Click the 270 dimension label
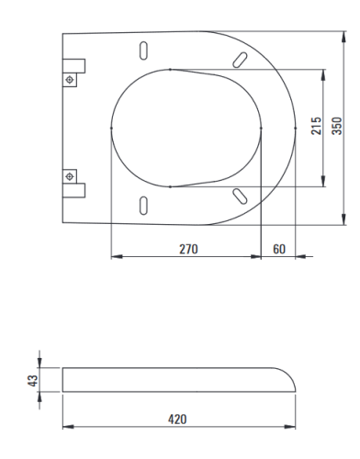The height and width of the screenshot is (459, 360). click(188, 249)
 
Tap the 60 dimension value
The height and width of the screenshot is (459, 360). click(279, 249)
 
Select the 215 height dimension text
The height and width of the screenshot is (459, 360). click(316, 126)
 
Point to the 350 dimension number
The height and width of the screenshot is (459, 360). click(337, 126)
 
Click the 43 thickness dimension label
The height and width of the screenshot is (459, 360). click(33, 380)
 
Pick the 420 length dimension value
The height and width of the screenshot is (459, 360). click(177, 420)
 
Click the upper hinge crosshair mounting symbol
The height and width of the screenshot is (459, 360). click(70, 80)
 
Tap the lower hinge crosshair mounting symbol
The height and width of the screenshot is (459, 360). click(70, 176)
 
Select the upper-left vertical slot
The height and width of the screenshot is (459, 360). click(143, 50)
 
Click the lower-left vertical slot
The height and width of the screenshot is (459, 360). click(143, 206)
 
